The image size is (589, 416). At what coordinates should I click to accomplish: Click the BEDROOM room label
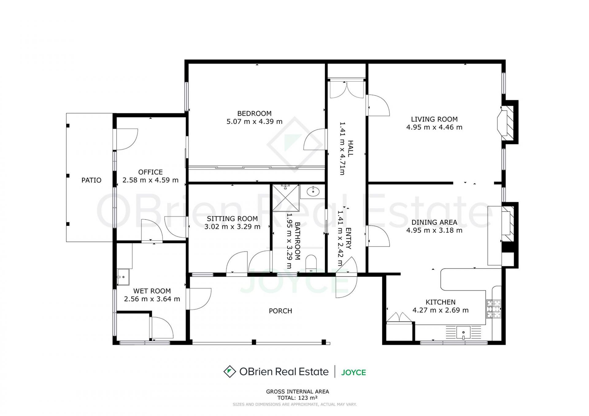point(254,113)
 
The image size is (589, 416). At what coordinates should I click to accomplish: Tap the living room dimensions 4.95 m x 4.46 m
point(434,127)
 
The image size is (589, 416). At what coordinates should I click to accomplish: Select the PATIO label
point(91,180)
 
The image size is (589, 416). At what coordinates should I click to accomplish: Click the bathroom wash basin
point(313,192)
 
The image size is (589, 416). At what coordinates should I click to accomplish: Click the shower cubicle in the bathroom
point(286,198)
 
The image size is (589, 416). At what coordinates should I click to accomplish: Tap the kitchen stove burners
point(494,309)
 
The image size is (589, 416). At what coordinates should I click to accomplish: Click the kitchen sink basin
point(463,332)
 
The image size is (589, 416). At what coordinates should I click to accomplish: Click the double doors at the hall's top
point(346,89)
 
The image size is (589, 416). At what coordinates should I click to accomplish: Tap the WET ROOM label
point(152,291)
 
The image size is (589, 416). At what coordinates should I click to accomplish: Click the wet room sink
point(123,277)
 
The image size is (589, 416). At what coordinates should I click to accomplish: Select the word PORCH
point(280,311)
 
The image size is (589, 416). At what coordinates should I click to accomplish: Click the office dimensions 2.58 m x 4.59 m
point(150,180)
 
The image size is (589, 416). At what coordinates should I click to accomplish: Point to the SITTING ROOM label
point(232,219)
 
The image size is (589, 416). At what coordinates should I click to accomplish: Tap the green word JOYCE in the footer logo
point(353,372)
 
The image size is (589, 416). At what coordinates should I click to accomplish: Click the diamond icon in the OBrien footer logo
point(229,372)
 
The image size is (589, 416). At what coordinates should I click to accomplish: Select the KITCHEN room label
point(440,302)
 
